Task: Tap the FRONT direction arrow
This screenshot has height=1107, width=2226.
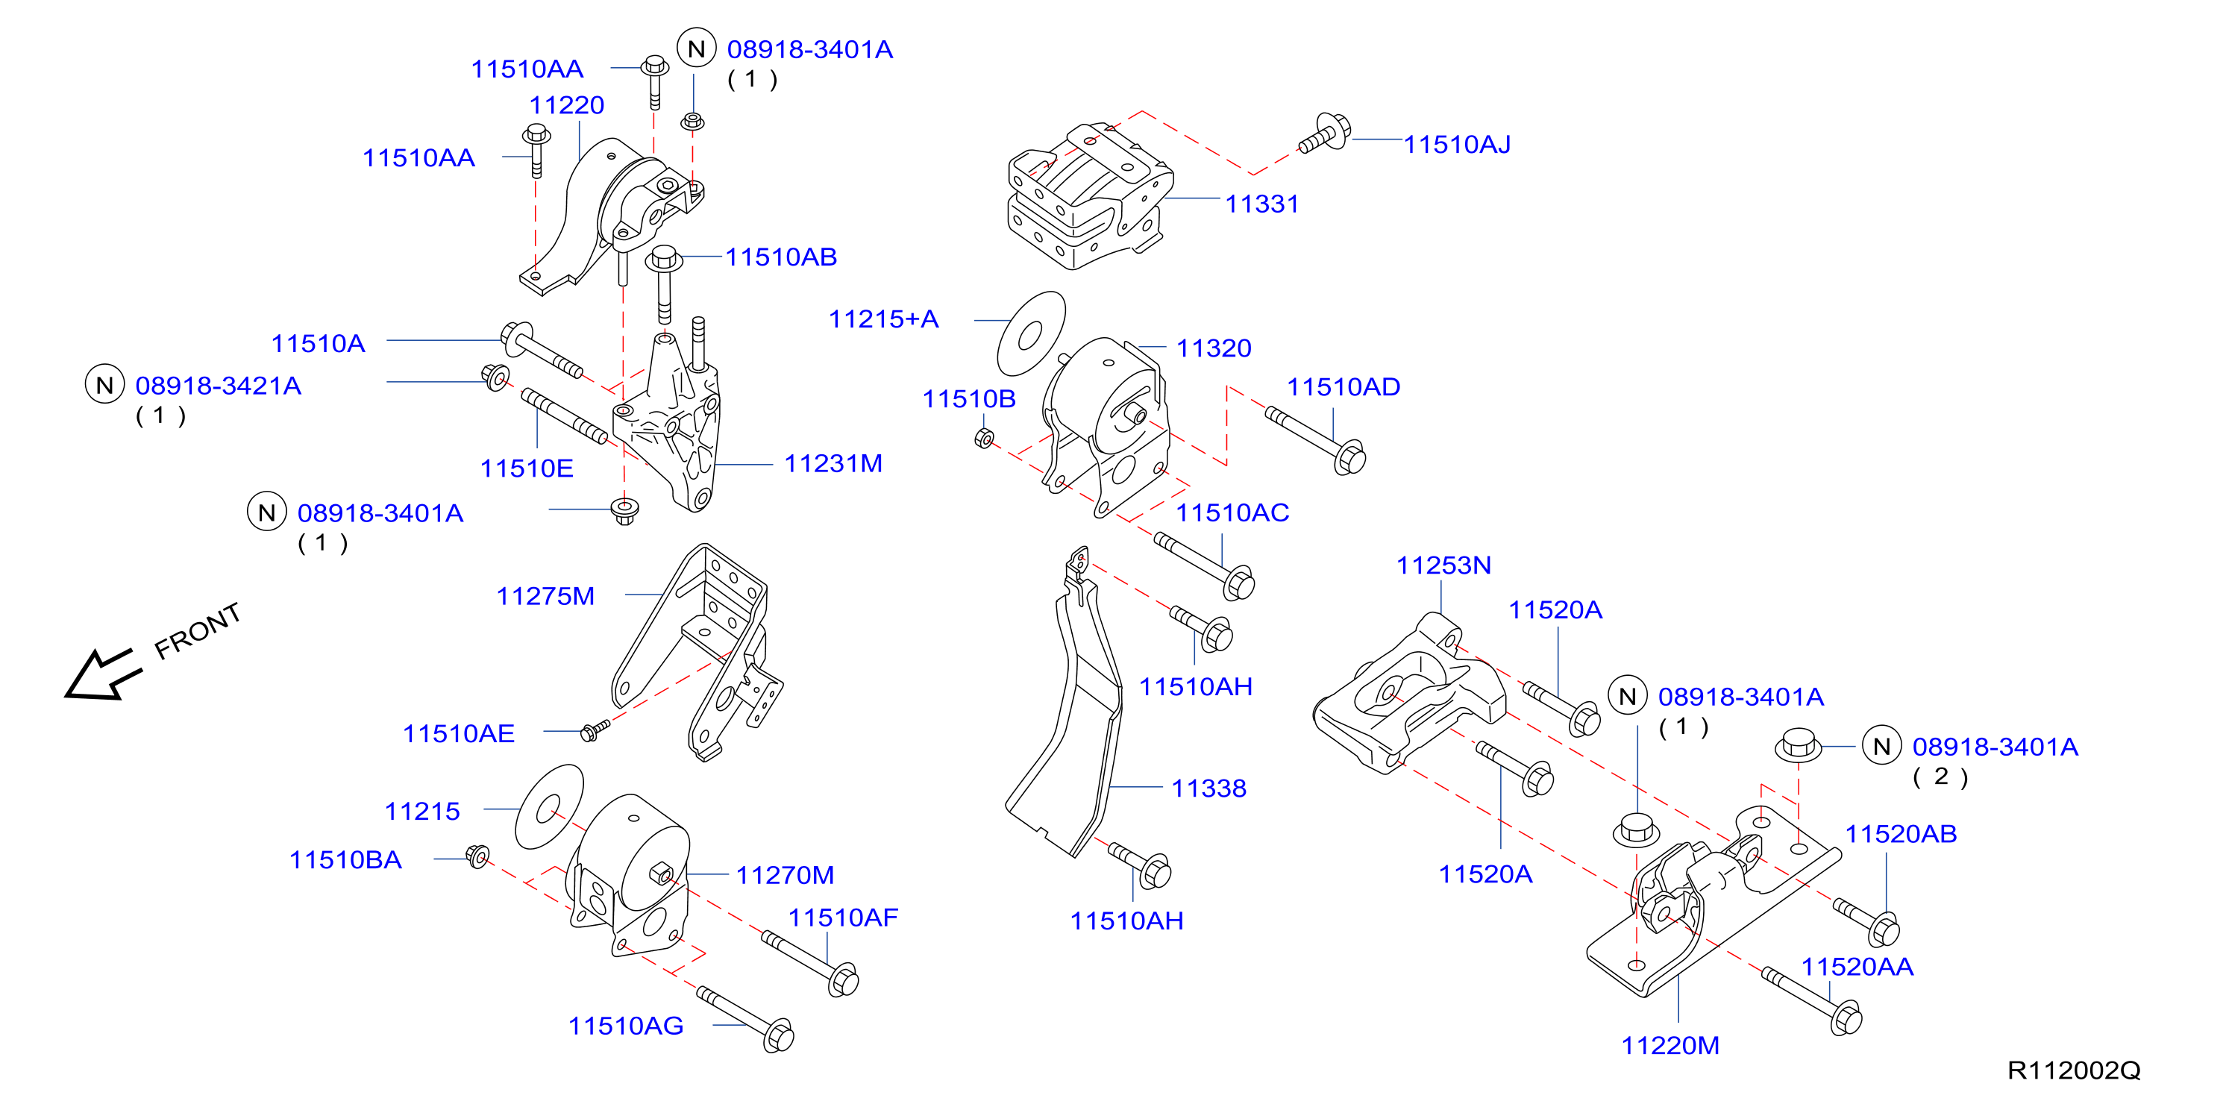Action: pos(103,674)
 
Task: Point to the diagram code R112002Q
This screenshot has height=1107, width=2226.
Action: pos(2073,1070)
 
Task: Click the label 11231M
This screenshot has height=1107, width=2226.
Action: pos(833,463)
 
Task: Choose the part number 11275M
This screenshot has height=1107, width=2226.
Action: pos(545,595)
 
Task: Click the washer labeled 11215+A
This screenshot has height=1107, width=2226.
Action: pos(1031,333)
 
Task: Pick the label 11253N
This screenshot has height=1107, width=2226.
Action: pos(1444,565)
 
